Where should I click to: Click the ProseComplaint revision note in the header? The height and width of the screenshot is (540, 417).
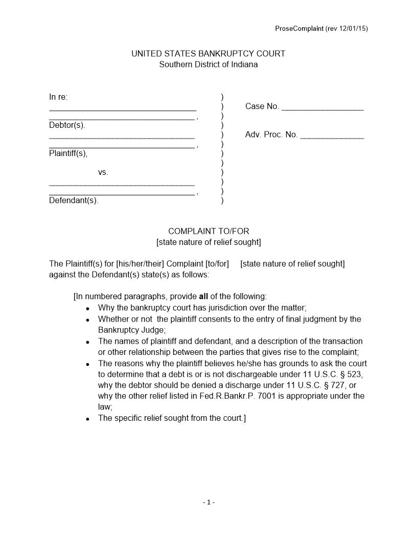[x=321, y=29]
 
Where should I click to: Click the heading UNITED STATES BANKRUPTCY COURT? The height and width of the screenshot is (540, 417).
[x=208, y=54]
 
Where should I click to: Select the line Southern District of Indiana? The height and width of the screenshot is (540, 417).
[x=208, y=64]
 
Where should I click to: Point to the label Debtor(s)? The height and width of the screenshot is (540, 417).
[x=67, y=125]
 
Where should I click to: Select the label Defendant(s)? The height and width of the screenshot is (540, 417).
[x=74, y=200]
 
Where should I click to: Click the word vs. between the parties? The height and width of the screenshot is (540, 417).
[x=103, y=172]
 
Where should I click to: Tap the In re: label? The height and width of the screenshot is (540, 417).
[x=58, y=97]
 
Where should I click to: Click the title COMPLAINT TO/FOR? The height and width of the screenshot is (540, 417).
[x=208, y=231]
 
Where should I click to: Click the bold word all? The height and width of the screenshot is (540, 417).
[x=203, y=297]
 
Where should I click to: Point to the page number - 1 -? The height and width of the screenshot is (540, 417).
[x=208, y=503]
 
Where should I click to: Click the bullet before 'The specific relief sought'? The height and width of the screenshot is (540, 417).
[x=88, y=419]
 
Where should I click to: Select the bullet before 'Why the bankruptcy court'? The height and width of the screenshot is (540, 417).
[x=88, y=309]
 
